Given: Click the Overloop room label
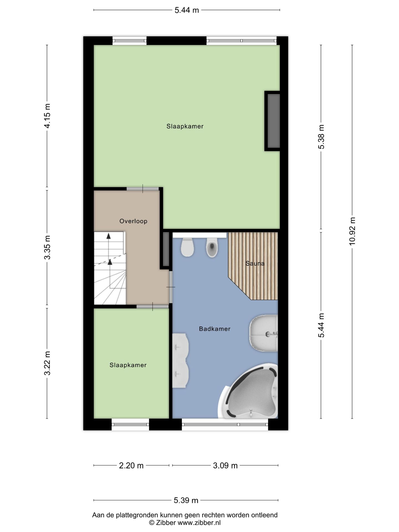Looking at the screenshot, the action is click(133, 221).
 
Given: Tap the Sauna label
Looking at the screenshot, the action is click(255, 264).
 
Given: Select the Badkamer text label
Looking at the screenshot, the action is click(215, 329).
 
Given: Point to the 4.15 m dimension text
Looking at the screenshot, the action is click(47, 116).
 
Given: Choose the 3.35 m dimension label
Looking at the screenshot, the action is click(47, 247).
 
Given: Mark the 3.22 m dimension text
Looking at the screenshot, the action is click(47, 363).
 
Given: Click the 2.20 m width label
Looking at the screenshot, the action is click(131, 465).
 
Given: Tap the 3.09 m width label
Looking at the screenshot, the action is click(225, 465).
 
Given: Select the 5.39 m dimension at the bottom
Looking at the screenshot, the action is click(186, 500).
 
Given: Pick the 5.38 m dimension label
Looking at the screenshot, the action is click(321, 137).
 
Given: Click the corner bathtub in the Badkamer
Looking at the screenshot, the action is click(249, 392).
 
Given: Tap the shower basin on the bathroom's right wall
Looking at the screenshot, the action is click(264, 333).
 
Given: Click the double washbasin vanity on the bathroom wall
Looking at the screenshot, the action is click(180, 360).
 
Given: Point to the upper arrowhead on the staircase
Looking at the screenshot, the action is click(109, 236).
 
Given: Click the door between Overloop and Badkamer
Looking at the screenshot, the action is click(171, 287).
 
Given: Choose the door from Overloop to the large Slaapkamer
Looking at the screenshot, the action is click(143, 189).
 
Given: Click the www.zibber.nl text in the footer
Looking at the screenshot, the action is click(199, 523).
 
